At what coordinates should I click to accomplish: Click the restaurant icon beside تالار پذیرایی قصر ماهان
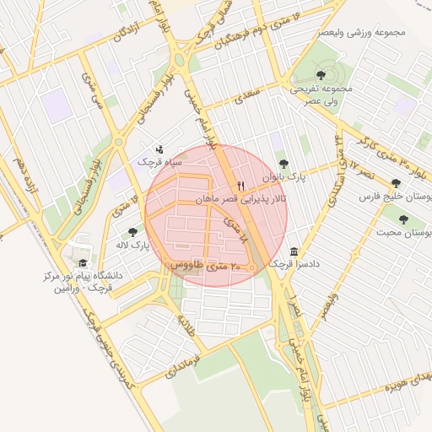pos(241,186)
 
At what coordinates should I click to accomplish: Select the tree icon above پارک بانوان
pos(283,165)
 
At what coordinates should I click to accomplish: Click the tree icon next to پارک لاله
pos(132,231)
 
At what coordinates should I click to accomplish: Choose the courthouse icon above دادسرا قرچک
pos(293,252)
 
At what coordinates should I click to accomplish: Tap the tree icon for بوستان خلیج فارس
pos(396,183)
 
